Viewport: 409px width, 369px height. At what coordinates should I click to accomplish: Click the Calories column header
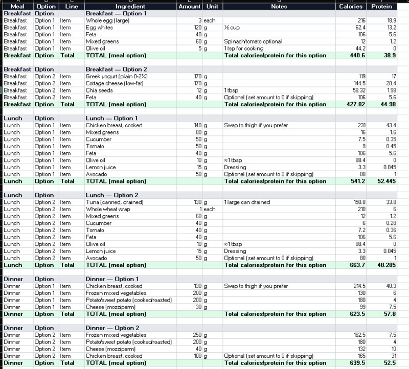point(351,6)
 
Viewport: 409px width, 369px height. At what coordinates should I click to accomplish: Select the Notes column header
point(279,6)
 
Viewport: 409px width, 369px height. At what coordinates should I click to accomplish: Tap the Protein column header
point(382,6)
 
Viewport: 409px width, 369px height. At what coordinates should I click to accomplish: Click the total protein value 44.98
point(385,104)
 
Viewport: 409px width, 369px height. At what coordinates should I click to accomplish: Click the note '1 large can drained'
point(246,202)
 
